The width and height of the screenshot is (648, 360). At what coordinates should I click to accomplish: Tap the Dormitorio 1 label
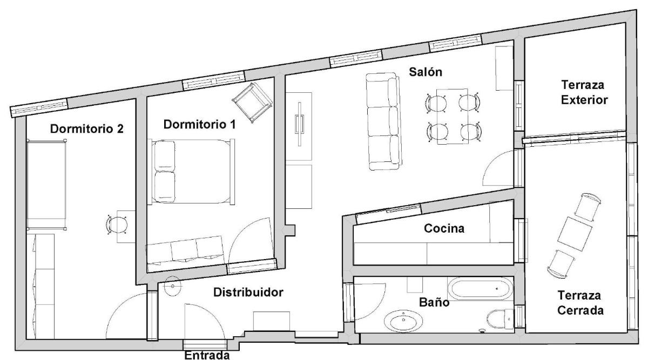click(x=199, y=125)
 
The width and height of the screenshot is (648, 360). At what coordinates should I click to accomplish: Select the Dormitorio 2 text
click(x=87, y=129)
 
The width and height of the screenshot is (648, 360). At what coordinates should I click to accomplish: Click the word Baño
click(x=435, y=302)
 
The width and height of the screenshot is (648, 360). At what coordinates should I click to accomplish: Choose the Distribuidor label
click(x=248, y=293)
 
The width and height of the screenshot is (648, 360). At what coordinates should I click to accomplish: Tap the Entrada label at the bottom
click(x=207, y=355)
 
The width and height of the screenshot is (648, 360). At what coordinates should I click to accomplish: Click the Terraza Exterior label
click(x=584, y=92)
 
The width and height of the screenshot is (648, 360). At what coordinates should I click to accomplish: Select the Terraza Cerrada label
click(x=582, y=303)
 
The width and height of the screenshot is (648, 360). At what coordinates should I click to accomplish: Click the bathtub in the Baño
click(x=478, y=289)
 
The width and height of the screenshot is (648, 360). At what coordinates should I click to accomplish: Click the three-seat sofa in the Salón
click(x=383, y=122)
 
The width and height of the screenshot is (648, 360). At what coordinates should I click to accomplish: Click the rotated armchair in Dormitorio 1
click(x=252, y=103)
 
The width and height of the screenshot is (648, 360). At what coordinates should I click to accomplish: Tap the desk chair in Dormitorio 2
click(x=117, y=224)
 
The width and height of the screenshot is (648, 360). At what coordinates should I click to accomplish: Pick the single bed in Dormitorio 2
click(x=47, y=184)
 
